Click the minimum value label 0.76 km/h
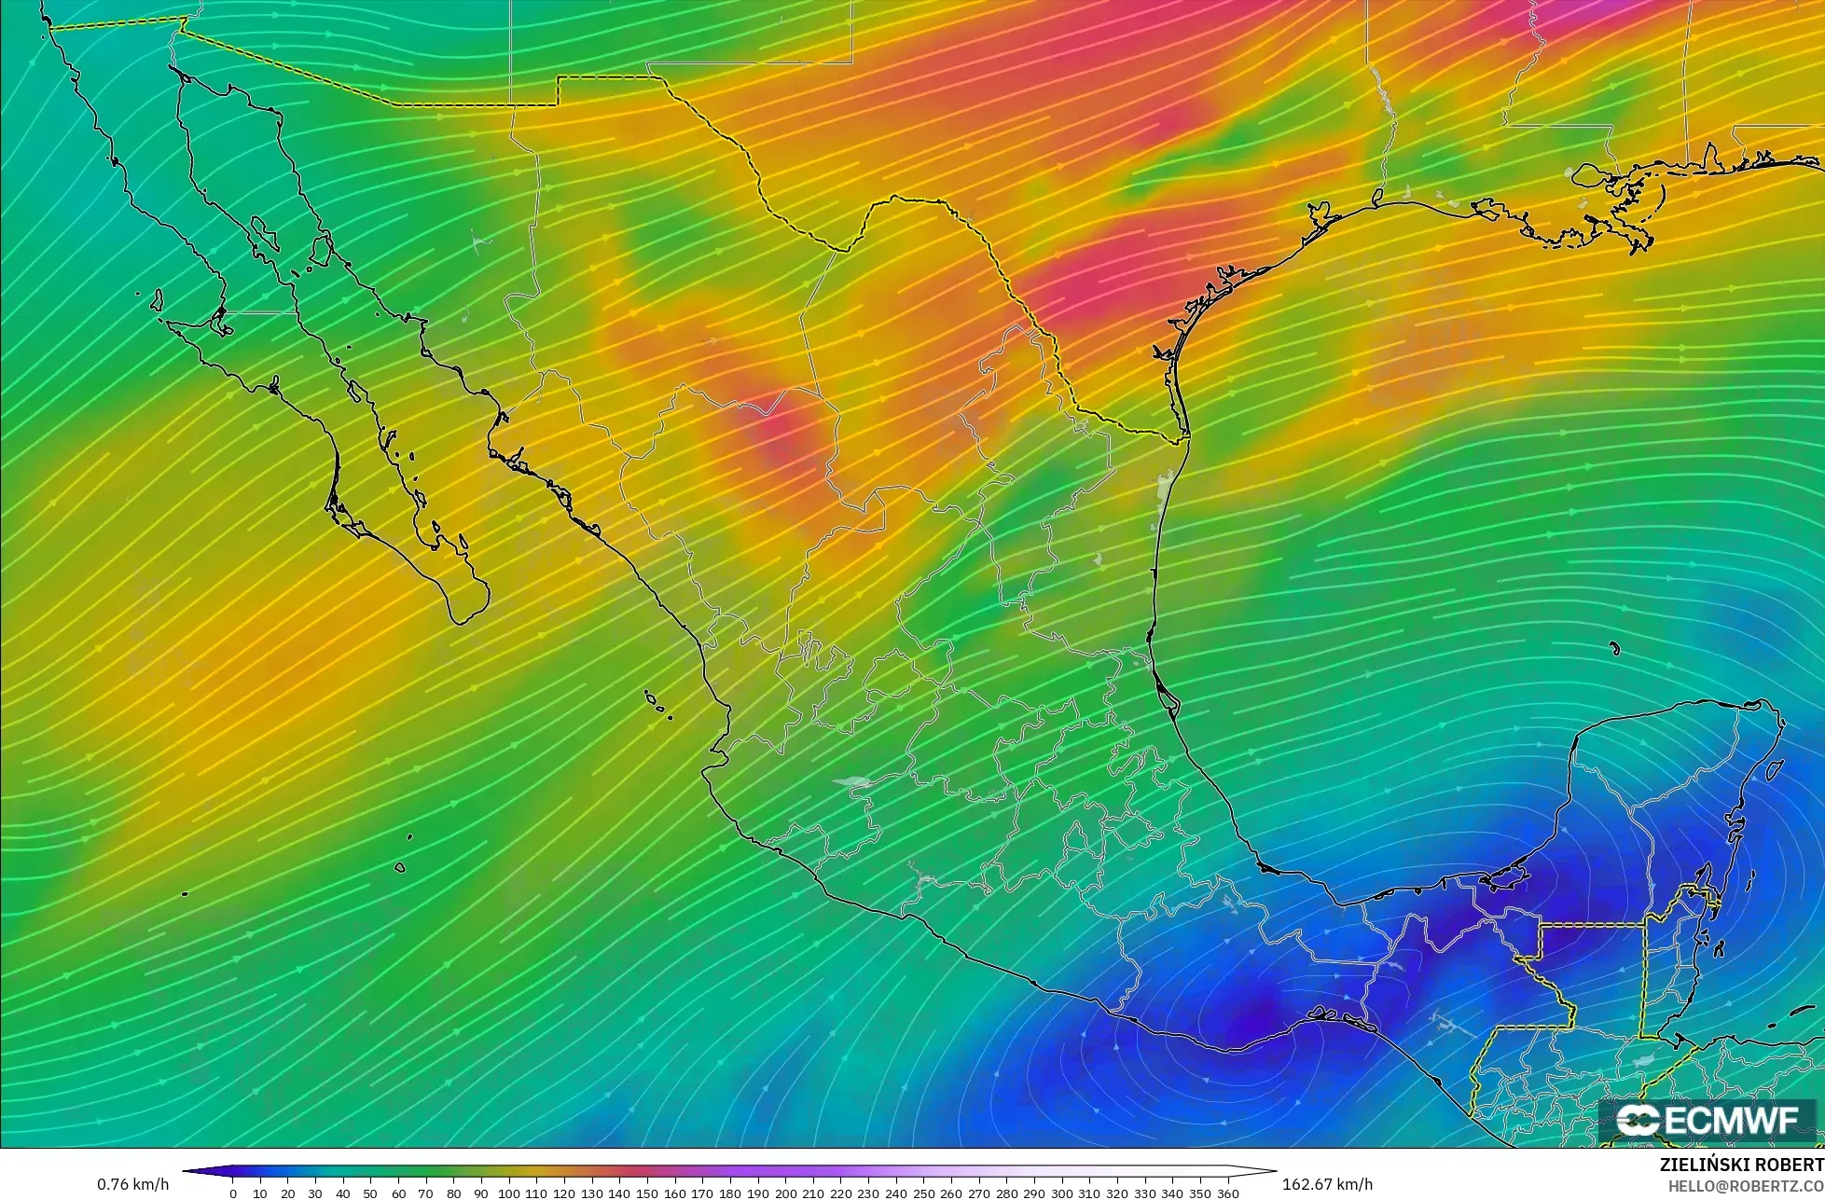coord(132,1184)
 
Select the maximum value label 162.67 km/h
coord(1327,1184)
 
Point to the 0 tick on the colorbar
coord(233,1193)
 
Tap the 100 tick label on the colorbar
coord(508,1193)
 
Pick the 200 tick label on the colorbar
coord(785,1193)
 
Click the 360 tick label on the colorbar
coord(1228,1193)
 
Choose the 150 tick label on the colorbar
coord(647,1193)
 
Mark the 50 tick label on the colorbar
coord(370,1193)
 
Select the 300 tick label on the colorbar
coord(1062,1193)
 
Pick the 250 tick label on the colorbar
coord(923,1193)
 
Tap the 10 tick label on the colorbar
coord(260,1193)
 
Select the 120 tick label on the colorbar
coord(564,1193)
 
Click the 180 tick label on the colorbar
coord(730,1193)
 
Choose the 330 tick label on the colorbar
coord(1145,1193)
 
